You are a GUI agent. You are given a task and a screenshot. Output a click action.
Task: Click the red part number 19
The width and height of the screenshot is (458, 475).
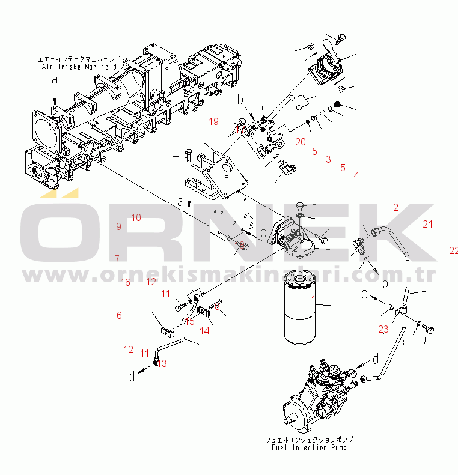coord(214,122)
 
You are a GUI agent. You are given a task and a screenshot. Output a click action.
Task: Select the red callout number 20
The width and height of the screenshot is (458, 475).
coord(301,142)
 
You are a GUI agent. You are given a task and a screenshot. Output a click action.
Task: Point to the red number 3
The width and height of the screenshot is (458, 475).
coord(328,159)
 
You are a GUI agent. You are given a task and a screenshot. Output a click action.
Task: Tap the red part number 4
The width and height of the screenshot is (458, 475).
coord(356,176)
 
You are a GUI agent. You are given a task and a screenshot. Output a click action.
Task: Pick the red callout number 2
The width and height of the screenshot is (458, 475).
coord(396,208)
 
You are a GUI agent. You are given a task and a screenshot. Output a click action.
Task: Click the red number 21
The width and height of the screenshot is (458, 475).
coord(427,225)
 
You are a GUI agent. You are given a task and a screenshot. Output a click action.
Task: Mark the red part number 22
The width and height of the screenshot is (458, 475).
coord(453,250)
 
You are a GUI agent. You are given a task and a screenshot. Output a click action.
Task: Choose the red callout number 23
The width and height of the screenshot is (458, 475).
coord(383,328)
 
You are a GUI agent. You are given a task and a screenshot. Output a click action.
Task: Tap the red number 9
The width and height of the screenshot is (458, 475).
coord(119,226)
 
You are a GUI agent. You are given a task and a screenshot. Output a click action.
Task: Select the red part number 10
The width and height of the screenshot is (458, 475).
coord(136,217)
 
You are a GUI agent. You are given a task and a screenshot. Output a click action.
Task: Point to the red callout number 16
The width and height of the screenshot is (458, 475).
coord(125,282)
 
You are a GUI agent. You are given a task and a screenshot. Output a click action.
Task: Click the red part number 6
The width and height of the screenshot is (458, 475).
coord(119,315)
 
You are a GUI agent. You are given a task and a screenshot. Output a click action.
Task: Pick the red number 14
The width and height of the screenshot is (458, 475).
coord(205,331)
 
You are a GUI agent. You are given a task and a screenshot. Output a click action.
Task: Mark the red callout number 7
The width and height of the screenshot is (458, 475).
coord(117,259)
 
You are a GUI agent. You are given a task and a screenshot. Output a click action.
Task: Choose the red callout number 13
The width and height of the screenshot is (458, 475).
coord(162,364)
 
